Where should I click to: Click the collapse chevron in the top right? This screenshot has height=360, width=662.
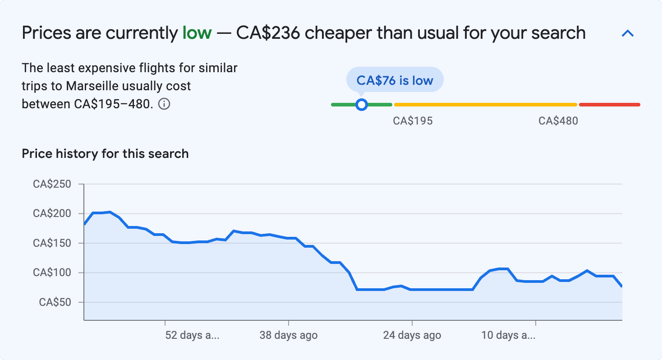pyautogui.click(x=628, y=33)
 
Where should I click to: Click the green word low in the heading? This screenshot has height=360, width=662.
pyautogui.click(x=197, y=33)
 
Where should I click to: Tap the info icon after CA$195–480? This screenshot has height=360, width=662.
pyautogui.click(x=165, y=104)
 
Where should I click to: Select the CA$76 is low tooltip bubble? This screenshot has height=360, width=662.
pyautogui.click(x=395, y=80)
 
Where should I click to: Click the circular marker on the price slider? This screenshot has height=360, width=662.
pyautogui.click(x=361, y=105)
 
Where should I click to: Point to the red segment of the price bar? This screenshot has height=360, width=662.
pyautogui.click(x=609, y=105)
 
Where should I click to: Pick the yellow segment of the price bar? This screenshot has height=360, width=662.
pyautogui.click(x=485, y=105)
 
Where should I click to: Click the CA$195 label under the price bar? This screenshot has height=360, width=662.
pyautogui.click(x=413, y=121)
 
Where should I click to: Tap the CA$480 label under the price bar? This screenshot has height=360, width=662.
pyautogui.click(x=558, y=121)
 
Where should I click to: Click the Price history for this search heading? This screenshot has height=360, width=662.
pyautogui.click(x=105, y=154)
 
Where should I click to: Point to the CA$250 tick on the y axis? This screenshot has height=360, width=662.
pyautogui.click(x=52, y=184)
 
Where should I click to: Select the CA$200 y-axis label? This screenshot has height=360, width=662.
pyautogui.click(x=52, y=213)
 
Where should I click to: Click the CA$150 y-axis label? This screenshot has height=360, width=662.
pyautogui.click(x=52, y=243)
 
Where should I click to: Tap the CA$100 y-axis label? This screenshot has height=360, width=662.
pyautogui.click(x=52, y=272)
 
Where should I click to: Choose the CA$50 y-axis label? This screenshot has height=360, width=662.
pyautogui.click(x=55, y=302)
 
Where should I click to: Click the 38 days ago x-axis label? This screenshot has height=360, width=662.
pyautogui.click(x=288, y=335)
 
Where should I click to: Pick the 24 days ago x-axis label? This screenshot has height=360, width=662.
pyautogui.click(x=412, y=335)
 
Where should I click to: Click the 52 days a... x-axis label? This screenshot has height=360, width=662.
pyautogui.click(x=192, y=335)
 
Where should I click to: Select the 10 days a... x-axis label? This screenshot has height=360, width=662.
pyautogui.click(x=508, y=335)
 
